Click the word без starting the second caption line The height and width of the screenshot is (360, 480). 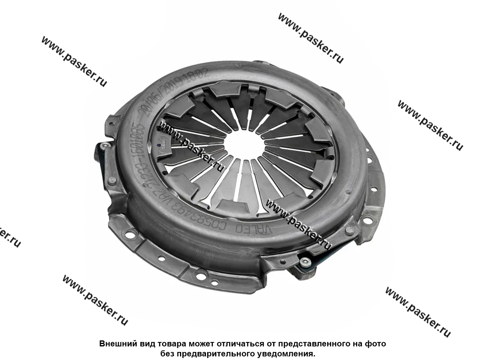(x=168, y=354)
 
